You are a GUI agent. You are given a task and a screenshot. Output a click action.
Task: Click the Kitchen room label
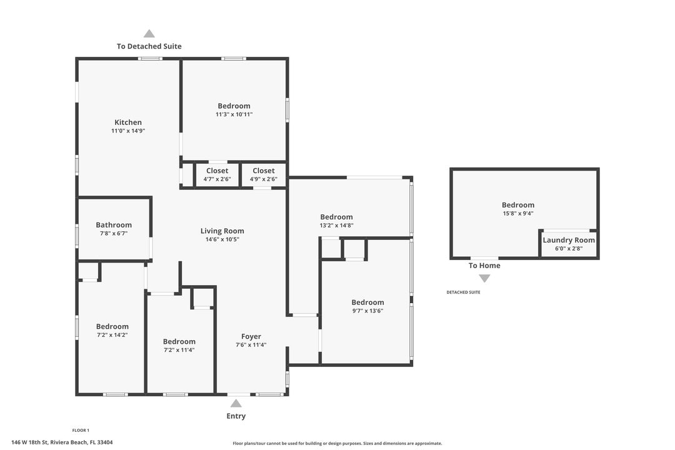[x=127, y=122]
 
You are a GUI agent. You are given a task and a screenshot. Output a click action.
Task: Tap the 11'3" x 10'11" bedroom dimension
[x=234, y=114]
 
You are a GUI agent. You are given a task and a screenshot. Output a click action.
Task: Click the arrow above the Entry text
[x=236, y=403]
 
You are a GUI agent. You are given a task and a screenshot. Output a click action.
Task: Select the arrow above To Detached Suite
[x=149, y=34]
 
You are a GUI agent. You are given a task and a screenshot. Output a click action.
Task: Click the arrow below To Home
[x=484, y=278]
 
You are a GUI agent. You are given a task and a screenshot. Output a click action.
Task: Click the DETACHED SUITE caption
[x=463, y=292]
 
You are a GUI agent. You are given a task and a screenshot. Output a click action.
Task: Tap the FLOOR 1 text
[x=81, y=430]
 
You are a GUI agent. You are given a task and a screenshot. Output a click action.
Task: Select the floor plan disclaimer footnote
[x=337, y=443]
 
